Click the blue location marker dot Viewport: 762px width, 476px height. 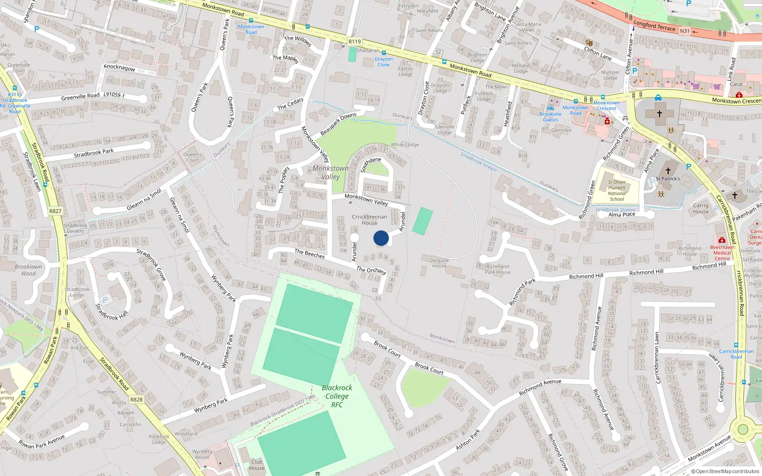(381, 238)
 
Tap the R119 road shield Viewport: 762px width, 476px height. (355, 42)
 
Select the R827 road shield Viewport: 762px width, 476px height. (55, 211)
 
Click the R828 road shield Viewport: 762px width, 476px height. (136, 399)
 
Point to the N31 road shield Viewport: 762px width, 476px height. (684, 31)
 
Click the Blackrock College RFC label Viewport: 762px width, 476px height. (337, 396)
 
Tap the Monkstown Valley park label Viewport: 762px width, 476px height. (331, 172)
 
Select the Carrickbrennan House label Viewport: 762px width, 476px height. (370, 220)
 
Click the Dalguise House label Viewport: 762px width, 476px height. (439, 263)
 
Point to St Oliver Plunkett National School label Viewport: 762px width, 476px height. (617, 190)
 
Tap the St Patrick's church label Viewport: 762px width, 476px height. (668, 178)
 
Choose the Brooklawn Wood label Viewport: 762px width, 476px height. (29, 270)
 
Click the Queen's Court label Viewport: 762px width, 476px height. (192, 157)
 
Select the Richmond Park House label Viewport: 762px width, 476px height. (498, 269)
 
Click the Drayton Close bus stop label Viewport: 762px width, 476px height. (383, 62)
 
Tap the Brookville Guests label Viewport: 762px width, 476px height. (551, 117)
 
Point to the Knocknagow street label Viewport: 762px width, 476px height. (120, 68)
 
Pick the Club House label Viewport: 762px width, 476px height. (257, 465)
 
